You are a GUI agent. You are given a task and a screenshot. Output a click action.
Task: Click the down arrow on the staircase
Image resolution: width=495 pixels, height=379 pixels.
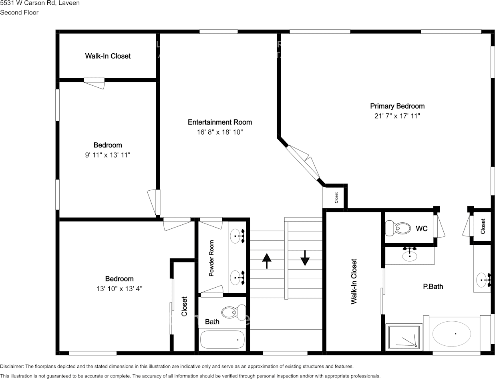pos(305,258)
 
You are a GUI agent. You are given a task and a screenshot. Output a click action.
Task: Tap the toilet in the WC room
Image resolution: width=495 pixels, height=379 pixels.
pos(398,228)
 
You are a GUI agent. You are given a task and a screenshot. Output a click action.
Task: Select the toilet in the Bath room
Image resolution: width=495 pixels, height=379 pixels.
pos(234,312)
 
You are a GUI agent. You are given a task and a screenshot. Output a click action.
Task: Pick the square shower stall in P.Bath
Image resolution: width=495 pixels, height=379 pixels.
pos(405,336)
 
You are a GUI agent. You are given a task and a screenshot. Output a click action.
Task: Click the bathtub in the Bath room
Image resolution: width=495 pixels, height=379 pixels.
pos(222,340)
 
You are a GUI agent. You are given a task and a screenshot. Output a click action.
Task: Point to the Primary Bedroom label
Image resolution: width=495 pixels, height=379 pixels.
pos(397,106)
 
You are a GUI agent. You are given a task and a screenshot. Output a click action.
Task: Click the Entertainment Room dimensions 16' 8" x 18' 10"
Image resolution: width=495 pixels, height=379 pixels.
pos(220,132)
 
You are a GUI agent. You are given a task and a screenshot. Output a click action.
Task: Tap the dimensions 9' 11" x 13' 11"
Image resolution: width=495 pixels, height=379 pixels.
pos(107,155)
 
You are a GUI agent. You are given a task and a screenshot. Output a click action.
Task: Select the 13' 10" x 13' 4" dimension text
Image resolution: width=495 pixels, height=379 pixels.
pos(119,288)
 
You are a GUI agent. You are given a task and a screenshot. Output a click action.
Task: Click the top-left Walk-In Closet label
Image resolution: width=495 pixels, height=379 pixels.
pos(108,56)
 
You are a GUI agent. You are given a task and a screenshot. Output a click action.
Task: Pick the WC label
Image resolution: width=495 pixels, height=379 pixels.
pos(421,229)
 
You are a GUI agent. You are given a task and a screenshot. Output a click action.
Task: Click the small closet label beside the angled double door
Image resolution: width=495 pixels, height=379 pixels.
pos(336,198)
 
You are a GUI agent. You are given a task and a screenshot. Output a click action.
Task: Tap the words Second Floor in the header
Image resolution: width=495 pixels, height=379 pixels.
pos(19,12)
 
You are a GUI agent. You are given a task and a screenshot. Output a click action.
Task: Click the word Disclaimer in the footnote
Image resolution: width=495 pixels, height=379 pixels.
pos(12,366)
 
